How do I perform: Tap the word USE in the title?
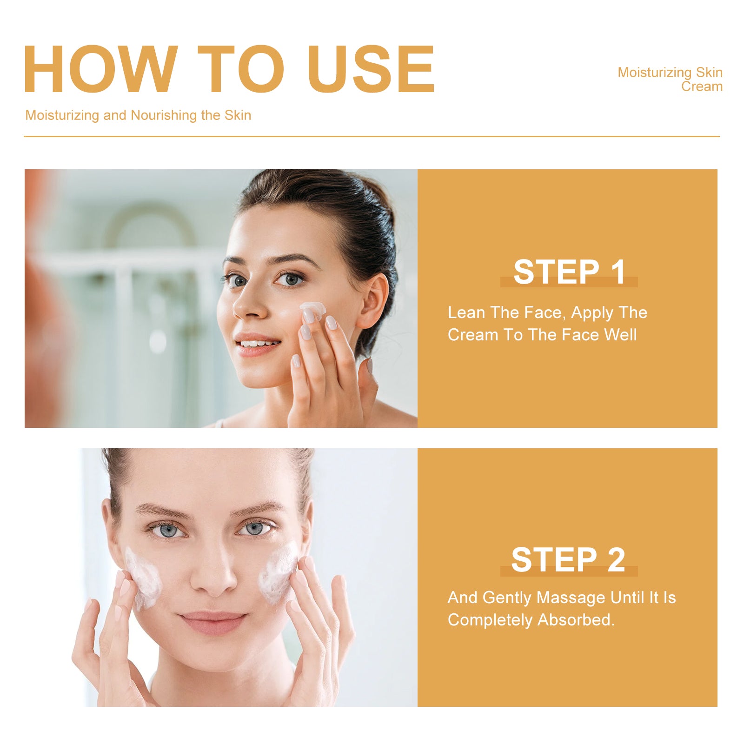(x=371, y=69)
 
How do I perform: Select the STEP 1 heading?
(x=569, y=272)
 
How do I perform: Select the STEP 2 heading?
(x=568, y=559)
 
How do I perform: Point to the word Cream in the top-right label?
(x=702, y=86)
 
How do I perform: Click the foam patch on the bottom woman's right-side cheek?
(x=278, y=572)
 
